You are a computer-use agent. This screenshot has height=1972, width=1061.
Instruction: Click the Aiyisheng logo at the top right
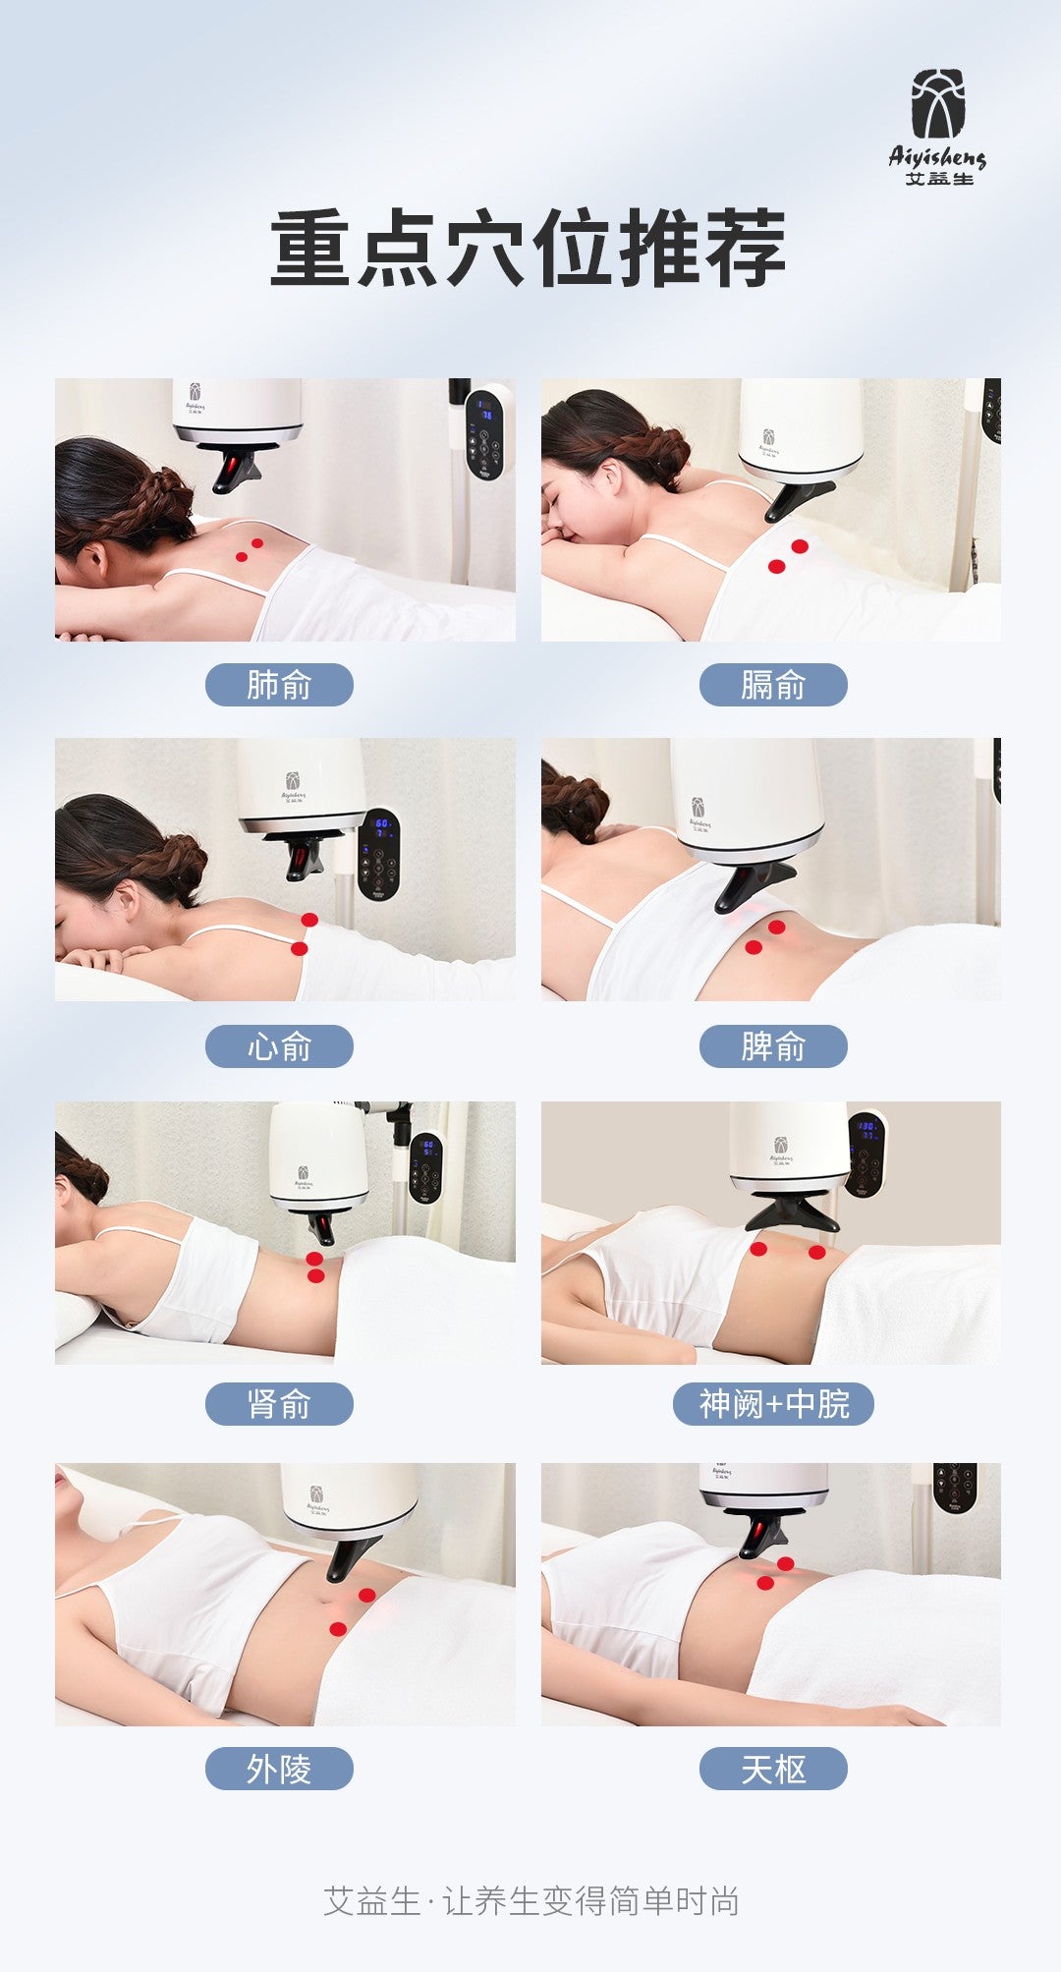click(x=937, y=127)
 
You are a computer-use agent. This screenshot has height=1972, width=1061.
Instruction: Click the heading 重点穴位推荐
click(x=529, y=248)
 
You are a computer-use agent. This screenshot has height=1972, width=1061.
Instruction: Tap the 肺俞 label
click(x=279, y=685)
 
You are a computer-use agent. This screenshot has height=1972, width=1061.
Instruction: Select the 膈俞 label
click(x=773, y=685)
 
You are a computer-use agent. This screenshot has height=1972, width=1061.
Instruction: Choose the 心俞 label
click(x=279, y=1046)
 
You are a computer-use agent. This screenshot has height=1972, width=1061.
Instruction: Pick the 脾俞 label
click(x=773, y=1046)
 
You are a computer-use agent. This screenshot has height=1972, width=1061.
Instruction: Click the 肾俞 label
click(x=279, y=1404)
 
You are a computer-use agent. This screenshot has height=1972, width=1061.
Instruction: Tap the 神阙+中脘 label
click(x=773, y=1404)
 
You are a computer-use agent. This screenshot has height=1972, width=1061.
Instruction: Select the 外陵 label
click(x=279, y=1769)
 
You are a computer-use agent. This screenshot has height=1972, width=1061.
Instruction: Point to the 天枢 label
click(x=773, y=1769)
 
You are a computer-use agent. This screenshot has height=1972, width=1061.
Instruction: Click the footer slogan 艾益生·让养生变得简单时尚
click(x=530, y=1901)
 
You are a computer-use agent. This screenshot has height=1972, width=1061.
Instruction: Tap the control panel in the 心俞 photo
click(x=378, y=855)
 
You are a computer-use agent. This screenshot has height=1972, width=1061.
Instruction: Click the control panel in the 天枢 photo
click(x=955, y=1489)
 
